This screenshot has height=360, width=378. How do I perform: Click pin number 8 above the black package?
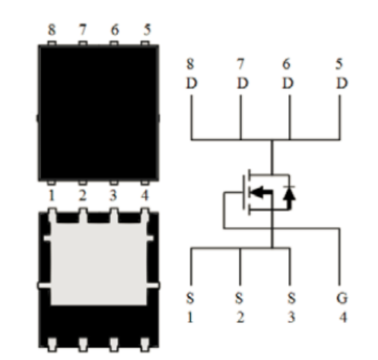52,30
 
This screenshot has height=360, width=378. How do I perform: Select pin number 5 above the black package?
148,30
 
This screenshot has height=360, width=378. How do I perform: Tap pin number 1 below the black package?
52,196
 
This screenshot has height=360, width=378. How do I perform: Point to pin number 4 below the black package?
145,196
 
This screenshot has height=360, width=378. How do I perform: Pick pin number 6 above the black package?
115,30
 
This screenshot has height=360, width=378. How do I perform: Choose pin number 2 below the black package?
83,196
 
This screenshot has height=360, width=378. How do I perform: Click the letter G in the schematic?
341,298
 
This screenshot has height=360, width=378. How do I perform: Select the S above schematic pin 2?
239,298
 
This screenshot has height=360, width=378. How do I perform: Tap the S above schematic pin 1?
190,298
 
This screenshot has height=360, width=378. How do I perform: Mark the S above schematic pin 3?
291,298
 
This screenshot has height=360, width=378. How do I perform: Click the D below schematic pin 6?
288,83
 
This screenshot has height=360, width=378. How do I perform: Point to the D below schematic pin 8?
192,83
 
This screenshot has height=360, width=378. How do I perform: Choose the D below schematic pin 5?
342,83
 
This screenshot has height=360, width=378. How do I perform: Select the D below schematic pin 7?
243,83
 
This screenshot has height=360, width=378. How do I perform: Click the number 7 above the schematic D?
241,64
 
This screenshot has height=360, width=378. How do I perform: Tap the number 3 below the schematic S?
291,317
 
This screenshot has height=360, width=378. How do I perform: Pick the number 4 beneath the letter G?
343,317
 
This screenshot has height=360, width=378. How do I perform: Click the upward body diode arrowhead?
290,194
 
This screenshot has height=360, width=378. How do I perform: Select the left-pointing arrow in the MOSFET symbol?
261,192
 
